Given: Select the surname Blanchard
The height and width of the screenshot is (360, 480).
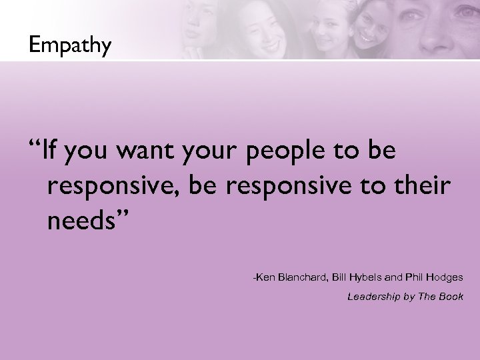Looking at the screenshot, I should coord(303,276).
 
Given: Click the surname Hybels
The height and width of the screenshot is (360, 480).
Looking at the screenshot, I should coord(373,276).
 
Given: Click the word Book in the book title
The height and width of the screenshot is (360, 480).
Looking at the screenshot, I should coord(451,297).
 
